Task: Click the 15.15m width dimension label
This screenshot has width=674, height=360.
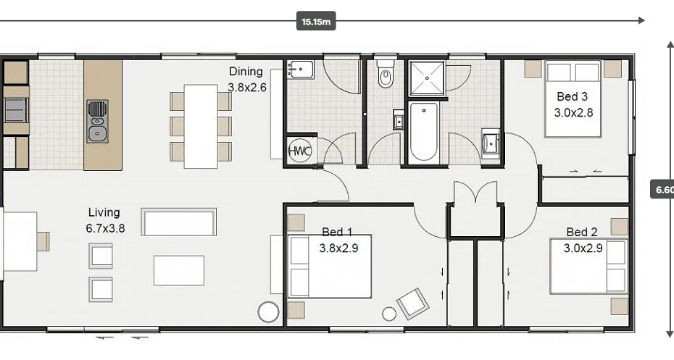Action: tap(316, 21)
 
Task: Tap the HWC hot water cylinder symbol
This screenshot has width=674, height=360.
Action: tap(299, 151)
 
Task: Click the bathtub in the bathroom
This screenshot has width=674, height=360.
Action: tap(423, 131)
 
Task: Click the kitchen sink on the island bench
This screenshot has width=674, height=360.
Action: tap(98, 122)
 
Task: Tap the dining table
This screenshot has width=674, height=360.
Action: tap(201, 126)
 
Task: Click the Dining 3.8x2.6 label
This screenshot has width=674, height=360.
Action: tap(246, 80)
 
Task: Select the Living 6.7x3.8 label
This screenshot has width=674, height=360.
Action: tap(105, 220)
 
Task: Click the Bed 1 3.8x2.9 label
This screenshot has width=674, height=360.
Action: tap(338, 240)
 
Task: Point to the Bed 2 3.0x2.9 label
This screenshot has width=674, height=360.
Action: tap(583, 240)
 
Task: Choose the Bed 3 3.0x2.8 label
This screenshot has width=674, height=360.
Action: tap(573, 104)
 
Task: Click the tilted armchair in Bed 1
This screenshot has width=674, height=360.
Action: tap(412, 304)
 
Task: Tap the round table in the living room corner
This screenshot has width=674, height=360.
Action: tap(268, 312)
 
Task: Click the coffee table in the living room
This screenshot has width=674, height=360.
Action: tap(179, 271)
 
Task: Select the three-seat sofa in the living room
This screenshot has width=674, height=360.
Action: tap(178, 222)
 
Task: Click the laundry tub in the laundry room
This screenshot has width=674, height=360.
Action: tap(300, 70)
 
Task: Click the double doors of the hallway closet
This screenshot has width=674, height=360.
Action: tap(475, 193)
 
